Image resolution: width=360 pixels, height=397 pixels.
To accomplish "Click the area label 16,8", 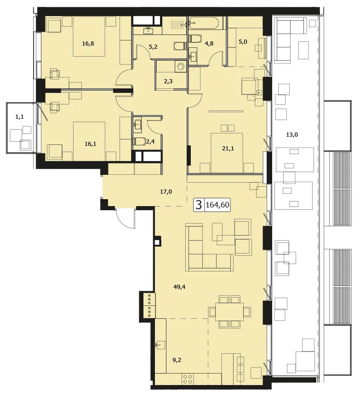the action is tap(88, 44).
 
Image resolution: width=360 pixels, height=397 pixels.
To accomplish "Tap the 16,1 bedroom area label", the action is tap(90, 144).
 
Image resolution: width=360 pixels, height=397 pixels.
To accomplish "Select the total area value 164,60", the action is tap(217, 205).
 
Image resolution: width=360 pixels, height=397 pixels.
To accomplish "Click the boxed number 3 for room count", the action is tap(199, 205).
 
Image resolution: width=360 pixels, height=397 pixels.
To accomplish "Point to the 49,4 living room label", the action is tap(179, 287).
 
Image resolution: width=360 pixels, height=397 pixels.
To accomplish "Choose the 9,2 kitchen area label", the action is tap(177, 360).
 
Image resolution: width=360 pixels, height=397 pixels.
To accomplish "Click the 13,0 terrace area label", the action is tap(292, 135).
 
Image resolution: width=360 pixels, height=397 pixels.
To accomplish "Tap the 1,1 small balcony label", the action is tap(19, 117).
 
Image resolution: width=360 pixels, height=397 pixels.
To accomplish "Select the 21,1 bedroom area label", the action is tap(228, 149).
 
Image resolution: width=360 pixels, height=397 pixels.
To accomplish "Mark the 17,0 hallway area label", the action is tap(166, 192).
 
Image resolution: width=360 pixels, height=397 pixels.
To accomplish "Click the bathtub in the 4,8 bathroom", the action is tap(203, 23).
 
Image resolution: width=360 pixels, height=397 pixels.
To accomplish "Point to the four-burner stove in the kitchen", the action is tap(188, 379).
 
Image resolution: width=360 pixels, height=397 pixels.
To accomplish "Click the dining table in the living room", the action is tap(229, 312).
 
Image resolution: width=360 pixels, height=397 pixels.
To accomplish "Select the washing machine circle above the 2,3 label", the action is tap(181, 67).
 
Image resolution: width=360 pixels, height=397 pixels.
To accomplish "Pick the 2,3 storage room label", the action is tap(168, 81).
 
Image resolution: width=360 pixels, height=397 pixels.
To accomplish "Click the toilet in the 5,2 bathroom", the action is tap(180, 46).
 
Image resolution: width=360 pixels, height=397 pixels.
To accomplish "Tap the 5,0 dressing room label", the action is tap(243, 42).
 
